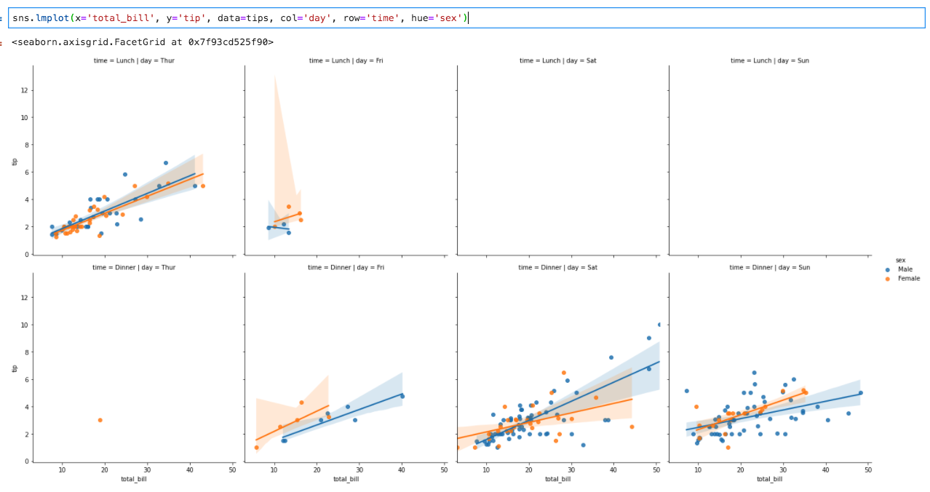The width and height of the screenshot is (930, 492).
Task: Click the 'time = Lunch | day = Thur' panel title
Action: click(x=134, y=60)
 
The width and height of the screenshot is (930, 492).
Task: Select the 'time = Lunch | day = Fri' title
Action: click(x=346, y=60)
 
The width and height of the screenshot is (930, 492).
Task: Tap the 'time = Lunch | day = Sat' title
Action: click(x=557, y=60)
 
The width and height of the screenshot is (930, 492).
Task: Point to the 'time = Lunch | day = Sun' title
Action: click(x=769, y=60)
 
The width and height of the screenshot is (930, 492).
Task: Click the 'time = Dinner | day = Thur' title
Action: click(x=134, y=267)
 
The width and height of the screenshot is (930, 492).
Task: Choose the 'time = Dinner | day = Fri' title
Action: click(x=346, y=267)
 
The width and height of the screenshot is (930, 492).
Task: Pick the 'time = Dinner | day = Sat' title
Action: click(x=557, y=267)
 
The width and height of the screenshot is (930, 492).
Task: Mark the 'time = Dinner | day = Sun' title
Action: click(x=769, y=267)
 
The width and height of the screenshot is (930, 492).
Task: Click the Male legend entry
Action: click(x=905, y=269)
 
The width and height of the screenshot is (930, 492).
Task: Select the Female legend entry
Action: click(x=908, y=278)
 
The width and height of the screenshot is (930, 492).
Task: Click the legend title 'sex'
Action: click(x=900, y=260)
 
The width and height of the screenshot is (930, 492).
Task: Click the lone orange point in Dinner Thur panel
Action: click(x=100, y=420)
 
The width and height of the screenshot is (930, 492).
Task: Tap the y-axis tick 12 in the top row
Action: click(x=24, y=90)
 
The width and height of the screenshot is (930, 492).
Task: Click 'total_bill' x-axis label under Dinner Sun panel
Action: click(x=769, y=479)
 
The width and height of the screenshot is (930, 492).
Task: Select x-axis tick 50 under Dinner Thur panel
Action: click(x=232, y=470)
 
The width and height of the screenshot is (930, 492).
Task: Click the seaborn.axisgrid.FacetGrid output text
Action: click(x=143, y=42)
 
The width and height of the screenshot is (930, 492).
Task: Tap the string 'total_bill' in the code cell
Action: click(x=117, y=17)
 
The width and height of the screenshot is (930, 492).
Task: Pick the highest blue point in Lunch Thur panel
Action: click(x=166, y=163)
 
